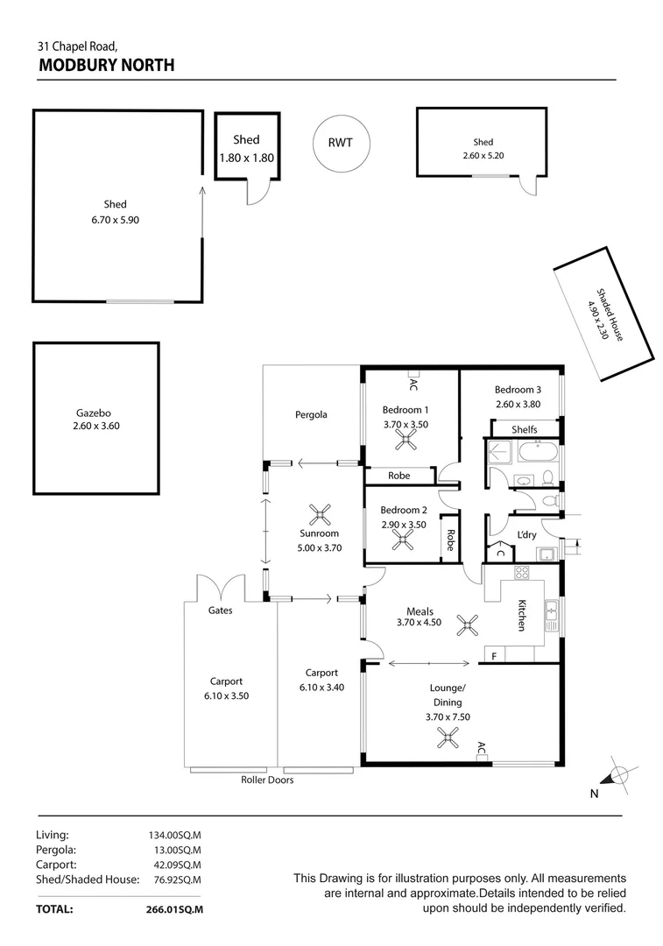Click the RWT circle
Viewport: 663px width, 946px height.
[x=340, y=143]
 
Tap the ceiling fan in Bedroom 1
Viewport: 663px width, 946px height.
[x=406, y=444]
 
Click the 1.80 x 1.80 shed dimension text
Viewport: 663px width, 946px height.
[x=246, y=158]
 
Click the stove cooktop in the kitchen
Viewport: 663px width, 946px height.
[x=521, y=574]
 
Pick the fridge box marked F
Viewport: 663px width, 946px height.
[x=493, y=656]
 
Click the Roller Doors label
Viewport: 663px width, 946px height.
[x=267, y=780]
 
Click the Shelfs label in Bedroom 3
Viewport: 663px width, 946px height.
[x=524, y=429]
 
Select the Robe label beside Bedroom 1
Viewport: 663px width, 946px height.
[x=399, y=477]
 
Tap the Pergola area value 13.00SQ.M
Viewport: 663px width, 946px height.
[x=175, y=850]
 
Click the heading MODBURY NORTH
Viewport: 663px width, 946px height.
[x=106, y=65]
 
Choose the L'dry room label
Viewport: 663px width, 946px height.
[x=526, y=534]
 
